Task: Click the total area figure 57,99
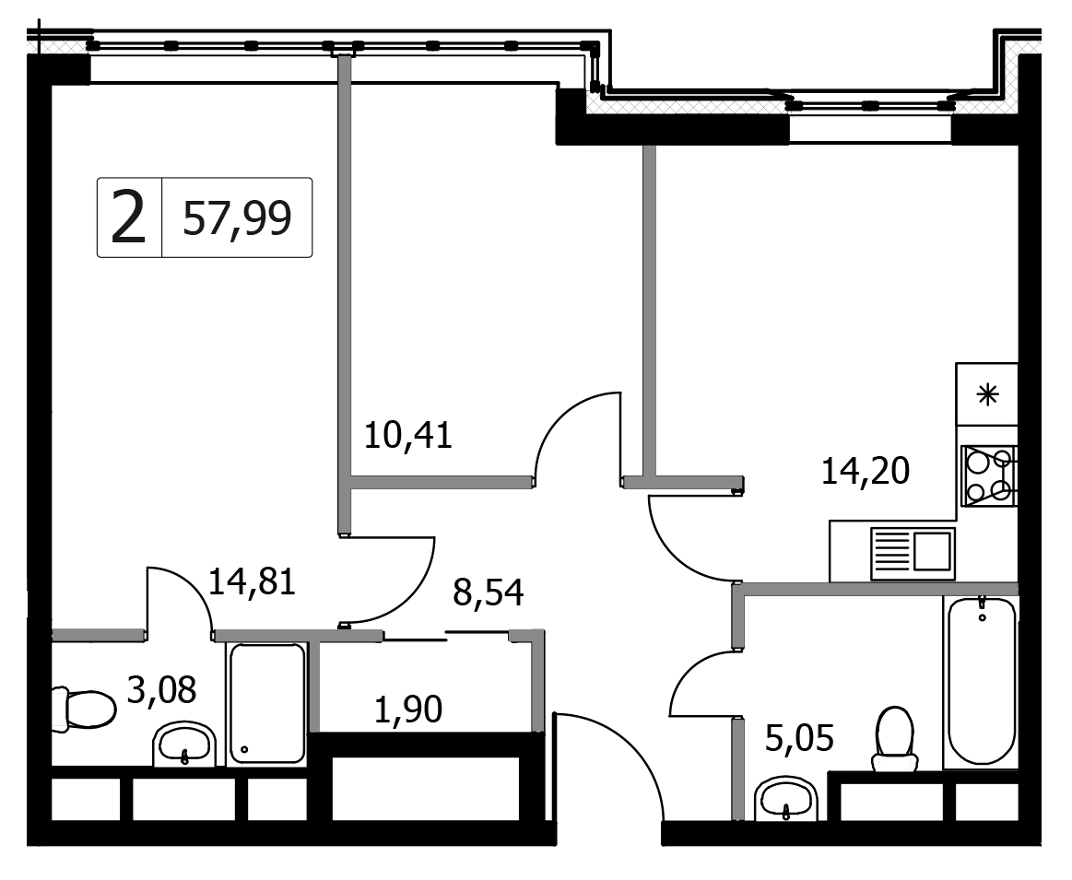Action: pyautogui.click(x=237, y=218)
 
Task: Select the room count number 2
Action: pyautogui.click(x=128, y=218)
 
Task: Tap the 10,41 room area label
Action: pyautogui.click(x=408, y=435)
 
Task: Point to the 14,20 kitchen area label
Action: pyautogui.click(x=865, y=471)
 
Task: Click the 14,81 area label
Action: pyautogui.click(x=252, y=582)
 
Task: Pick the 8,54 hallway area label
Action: pyautogui.click(x=489, y=593)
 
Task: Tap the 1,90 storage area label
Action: pyautogui.click(x=408, y=709)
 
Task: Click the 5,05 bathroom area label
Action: pyautogui.click(x=799, y=738)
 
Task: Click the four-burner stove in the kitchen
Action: pyautogui.click(x=989, y=475)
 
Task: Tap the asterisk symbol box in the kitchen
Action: pyautogui.click(x=986, y=394)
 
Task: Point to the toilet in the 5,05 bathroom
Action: pyautogui.click(x=895, y=739)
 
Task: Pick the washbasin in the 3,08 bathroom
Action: pyautogui.click(x=184, y=744)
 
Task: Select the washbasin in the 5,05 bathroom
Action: pyautogui.click(x=786, y=798)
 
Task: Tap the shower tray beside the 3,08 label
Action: pyautogui.click(x=267, y=703)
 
